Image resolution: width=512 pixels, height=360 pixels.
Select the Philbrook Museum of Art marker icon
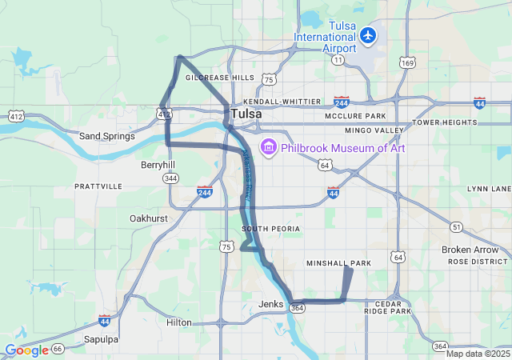coord(268,148)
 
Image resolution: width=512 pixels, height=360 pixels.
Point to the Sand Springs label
coord(106,136)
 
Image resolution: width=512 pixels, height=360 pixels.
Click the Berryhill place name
coord(158,164)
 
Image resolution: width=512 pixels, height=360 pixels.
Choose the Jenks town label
coord(271,304)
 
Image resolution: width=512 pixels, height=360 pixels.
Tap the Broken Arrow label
coord(470,250)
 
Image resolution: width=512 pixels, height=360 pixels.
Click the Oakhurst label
coord(149,218)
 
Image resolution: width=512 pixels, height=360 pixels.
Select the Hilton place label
coord(178,322)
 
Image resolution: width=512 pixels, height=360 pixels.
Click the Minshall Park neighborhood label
coord(339,263)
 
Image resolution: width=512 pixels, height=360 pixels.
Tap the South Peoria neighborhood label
coord(270,229)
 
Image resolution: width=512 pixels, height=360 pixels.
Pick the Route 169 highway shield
coord(408,62)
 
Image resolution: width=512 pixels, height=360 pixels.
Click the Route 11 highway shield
coord(338,60)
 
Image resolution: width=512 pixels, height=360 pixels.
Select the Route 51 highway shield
coord(456,227)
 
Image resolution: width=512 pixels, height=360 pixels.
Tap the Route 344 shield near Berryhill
coord(170,178)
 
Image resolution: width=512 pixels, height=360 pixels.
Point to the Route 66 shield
coord(57,349)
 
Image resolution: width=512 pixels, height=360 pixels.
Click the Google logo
coord(26,350)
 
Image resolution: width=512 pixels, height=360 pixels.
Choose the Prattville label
coord(98,186)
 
